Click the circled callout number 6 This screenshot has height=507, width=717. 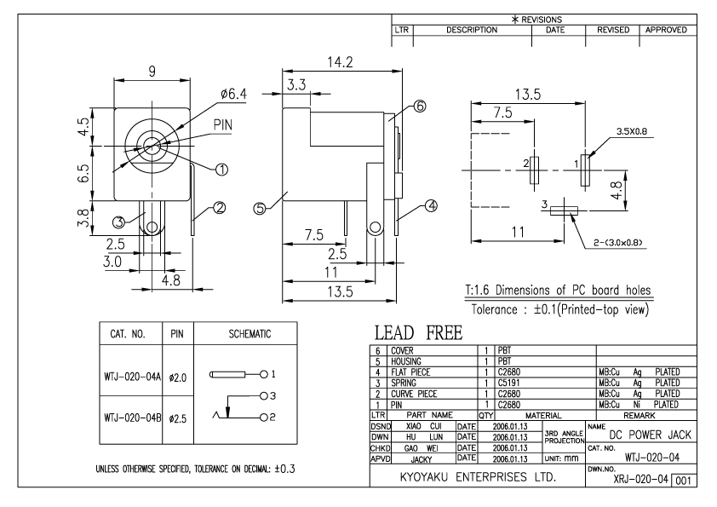[420, 107]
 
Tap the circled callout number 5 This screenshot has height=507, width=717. [260, 209]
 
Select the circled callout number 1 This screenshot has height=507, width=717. [221, 170]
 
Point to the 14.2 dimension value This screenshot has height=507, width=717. [341, 62]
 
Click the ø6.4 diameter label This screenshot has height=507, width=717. [233, 94]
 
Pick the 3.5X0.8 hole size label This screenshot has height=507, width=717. [632, 131]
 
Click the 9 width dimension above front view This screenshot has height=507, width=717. [152, 72]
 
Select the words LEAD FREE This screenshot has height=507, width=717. [418, 332]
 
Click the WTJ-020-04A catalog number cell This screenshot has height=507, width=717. [132, 377]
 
